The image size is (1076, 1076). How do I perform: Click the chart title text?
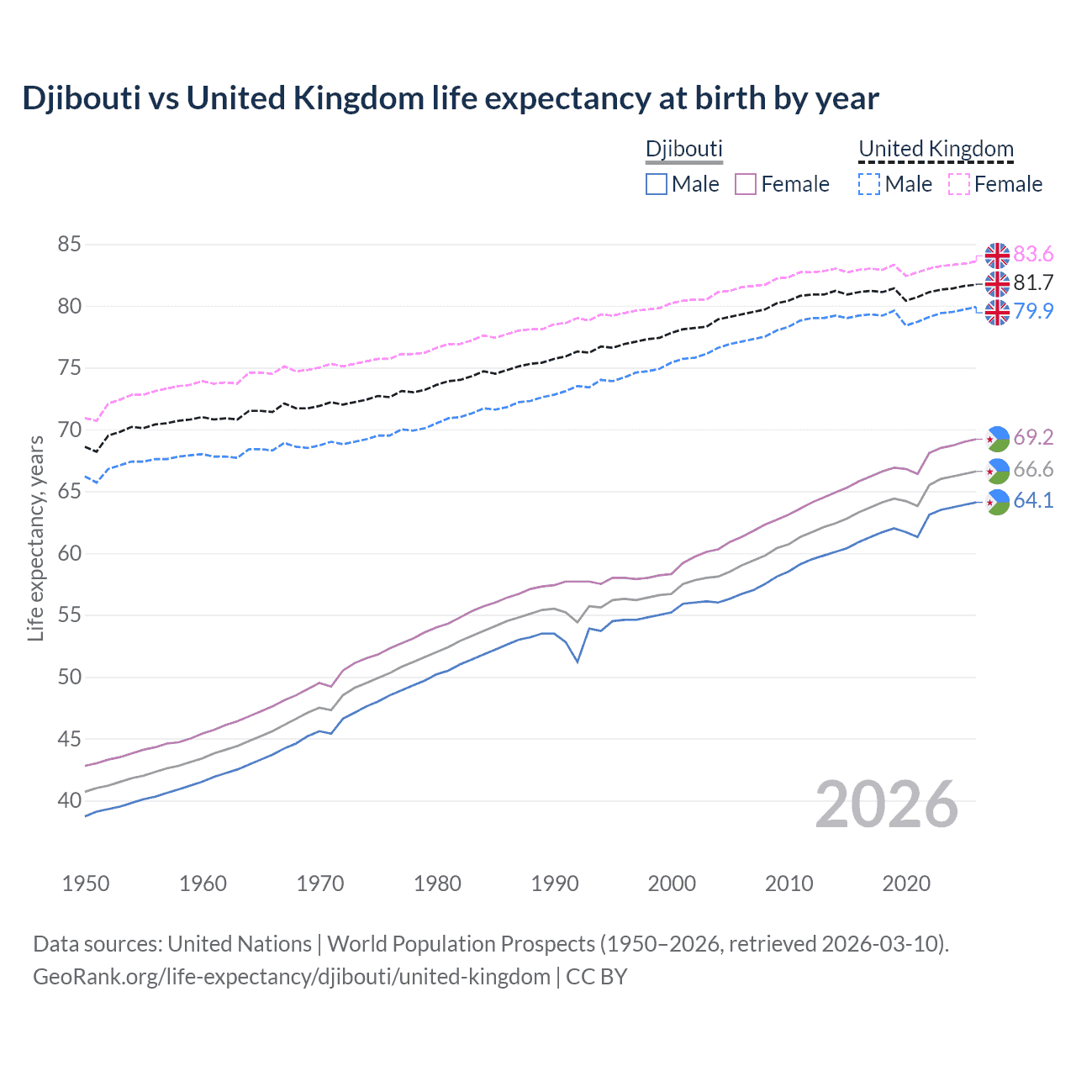tap(450, 98)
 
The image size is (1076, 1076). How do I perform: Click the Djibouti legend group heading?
tap(683, 149)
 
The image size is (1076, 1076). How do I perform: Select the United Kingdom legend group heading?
tap(936, 149)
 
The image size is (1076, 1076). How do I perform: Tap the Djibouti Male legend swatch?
tap(657, 184)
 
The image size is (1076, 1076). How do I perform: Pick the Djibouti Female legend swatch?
tap(746, 184)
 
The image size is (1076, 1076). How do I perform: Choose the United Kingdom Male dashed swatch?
tap(869, 184)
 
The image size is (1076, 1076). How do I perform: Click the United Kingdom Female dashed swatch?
tap(959, 184)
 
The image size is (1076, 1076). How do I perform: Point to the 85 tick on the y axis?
tap(69, 245)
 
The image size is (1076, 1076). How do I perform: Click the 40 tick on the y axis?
tap(69, 800)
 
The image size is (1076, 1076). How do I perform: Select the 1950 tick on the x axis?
tap(86, 883)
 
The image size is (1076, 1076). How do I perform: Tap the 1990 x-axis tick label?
tap(555, 883)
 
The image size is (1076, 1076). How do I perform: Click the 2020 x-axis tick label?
tap(906, 883)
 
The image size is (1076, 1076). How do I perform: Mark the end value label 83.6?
tap(1033, 254)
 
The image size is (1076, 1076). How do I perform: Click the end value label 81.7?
tap(1033, 282)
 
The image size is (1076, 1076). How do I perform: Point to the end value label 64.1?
tap(1033, 501)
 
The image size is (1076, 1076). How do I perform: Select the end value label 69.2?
tap(1033, 437)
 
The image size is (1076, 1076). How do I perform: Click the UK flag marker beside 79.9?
tap(997, 312)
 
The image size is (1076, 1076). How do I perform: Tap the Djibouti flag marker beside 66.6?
tap(997, 471)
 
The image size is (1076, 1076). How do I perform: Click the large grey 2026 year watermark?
tap(887, 804)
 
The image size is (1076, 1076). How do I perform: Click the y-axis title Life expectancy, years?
tap(35, 538)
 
